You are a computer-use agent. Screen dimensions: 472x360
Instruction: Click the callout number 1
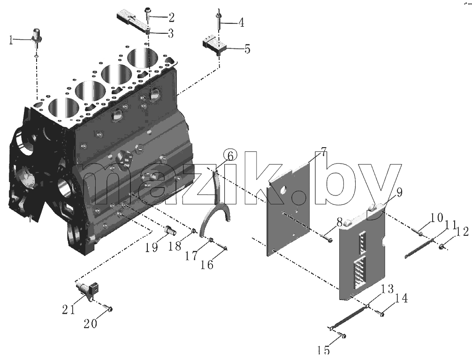tap(11, 40)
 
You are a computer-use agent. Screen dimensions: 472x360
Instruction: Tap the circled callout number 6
tap(230, 156)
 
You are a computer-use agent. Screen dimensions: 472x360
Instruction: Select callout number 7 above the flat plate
tap(322, 152)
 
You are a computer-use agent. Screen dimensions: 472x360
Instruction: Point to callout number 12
tap(462, 232)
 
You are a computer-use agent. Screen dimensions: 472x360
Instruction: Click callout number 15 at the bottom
tap(324, 350)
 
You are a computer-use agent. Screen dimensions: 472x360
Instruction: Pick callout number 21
tap(69, 309)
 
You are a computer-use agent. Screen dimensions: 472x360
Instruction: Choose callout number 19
tap(152, 247)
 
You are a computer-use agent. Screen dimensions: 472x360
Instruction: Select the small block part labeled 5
tap(215, 45)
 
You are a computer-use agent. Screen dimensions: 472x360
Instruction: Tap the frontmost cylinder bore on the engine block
tap(63, 109)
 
